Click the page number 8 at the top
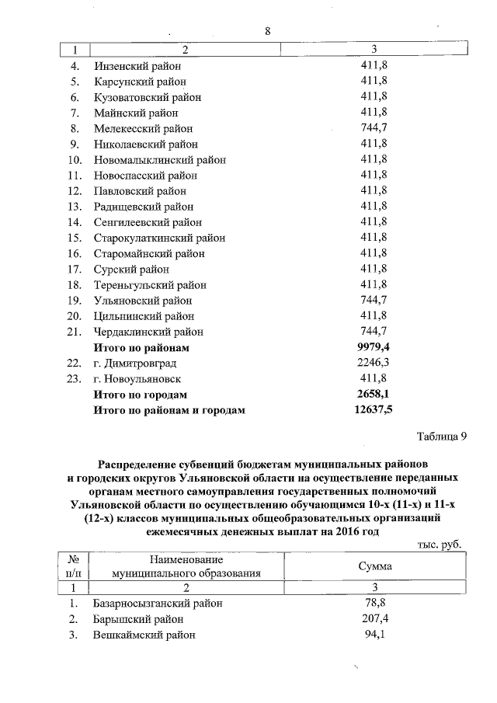267,32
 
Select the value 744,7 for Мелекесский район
374,128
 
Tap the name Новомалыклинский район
160,160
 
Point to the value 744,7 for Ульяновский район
374,301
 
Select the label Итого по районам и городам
169,410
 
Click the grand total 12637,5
374,410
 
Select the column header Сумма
374,566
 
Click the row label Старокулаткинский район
160,238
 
